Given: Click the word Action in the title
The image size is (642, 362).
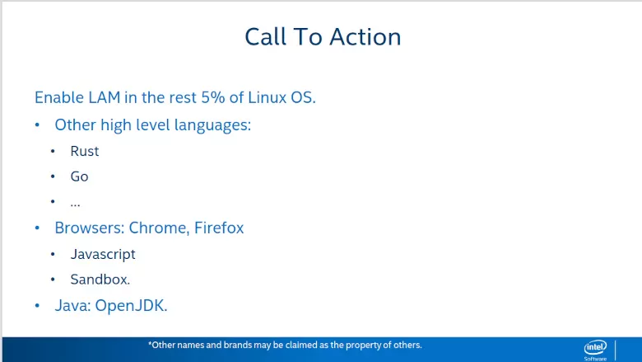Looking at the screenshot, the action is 365,37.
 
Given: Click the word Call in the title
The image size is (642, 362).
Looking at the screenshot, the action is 265,37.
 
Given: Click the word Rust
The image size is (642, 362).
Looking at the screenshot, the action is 84,151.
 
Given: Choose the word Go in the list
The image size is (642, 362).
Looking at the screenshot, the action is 80,176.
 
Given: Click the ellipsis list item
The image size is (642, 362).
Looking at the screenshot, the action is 76,204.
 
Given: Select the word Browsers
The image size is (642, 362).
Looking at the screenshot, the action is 89,228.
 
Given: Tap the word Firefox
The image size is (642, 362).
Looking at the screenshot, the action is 219,228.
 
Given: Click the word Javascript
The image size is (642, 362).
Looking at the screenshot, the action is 103,255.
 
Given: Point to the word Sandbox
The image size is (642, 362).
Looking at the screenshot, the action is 100,280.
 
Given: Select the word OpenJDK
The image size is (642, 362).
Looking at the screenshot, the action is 131,306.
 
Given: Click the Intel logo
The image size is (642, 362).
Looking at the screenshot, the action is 595,348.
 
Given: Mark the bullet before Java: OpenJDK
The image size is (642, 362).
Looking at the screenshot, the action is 37,306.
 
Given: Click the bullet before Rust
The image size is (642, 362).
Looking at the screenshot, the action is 53,151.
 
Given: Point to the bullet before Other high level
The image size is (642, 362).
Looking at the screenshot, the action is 37,125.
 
